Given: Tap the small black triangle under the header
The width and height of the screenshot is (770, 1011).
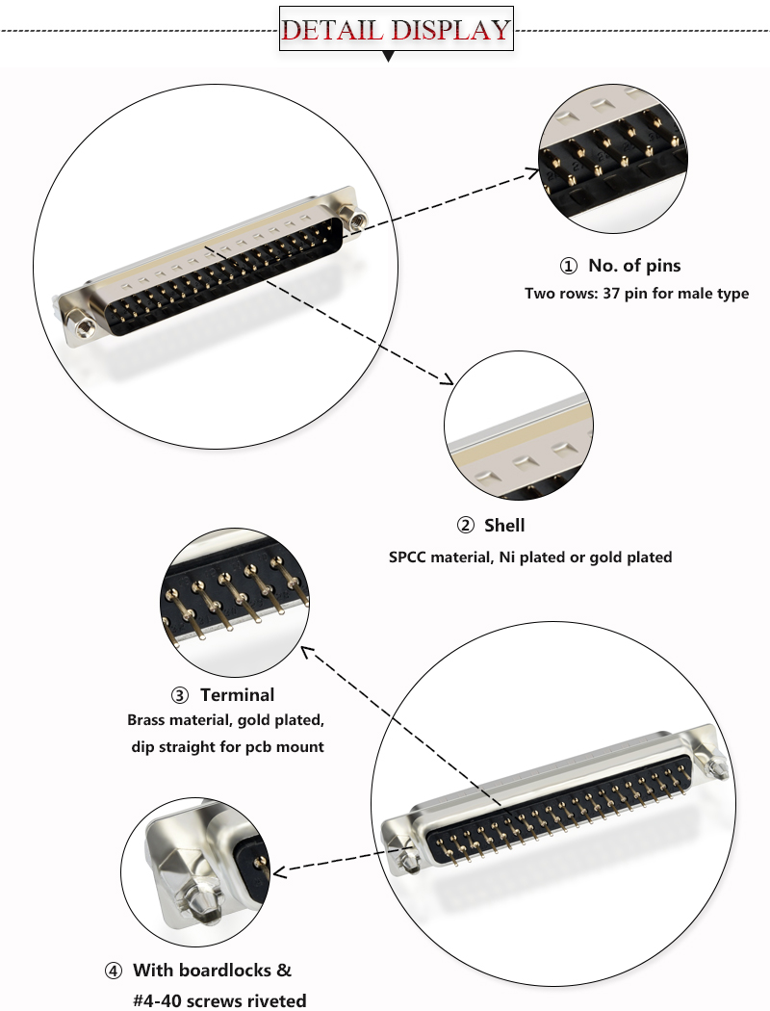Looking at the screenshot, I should (x=389, y=57).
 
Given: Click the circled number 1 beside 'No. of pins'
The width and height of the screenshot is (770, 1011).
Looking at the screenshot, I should (x=569, y=266).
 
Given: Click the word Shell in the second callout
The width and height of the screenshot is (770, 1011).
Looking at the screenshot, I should (x=504, y=525).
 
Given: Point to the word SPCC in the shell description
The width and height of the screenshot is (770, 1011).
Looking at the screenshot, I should (x=409, y=557).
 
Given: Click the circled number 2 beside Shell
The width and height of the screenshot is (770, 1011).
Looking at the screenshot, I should (x=466, y=525).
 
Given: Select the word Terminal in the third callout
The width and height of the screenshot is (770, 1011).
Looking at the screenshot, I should (x=237, y=694).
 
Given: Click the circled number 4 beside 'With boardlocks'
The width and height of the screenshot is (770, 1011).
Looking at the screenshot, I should (x=114, y=971).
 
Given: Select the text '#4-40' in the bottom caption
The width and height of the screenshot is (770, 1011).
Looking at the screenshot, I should (x=155, y=1000).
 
